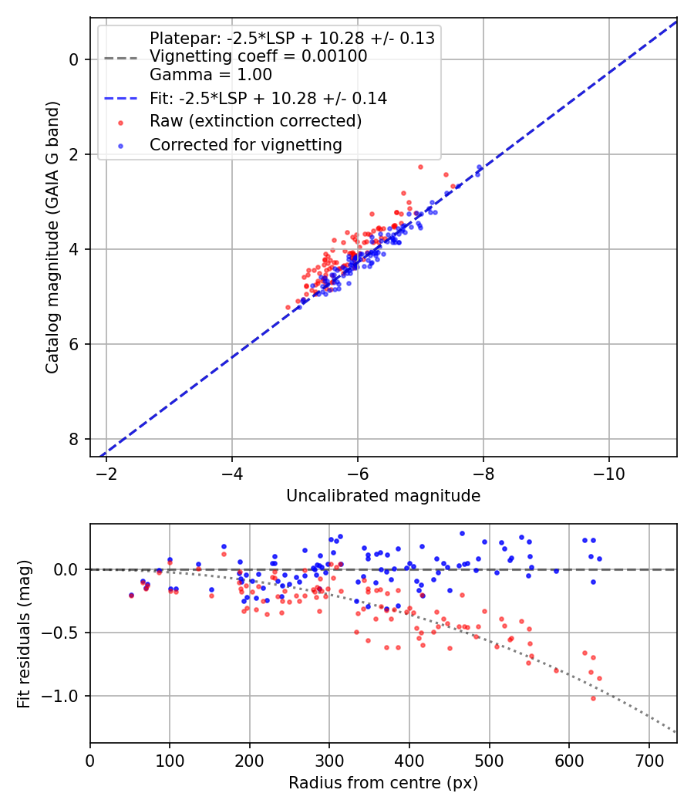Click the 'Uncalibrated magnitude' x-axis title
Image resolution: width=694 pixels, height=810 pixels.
coord(383,496)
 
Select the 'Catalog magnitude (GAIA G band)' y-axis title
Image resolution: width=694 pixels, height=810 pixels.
coord(52,238)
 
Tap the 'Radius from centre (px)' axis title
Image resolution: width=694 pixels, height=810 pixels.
coord(383,783)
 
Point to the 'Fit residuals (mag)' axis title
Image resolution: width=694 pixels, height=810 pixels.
coord(25,633)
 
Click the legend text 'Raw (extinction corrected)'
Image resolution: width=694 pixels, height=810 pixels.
coord(255,121)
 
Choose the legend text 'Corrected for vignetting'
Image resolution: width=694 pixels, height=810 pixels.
coord(246,144)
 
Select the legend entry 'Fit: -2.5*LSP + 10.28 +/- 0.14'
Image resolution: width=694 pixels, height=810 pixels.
coord(268,98)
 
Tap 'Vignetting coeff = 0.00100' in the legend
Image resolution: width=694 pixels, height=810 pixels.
coord(258,56)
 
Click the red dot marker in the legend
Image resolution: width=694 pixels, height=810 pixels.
coord(120,122)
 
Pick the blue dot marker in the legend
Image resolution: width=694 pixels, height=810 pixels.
coord(120,145)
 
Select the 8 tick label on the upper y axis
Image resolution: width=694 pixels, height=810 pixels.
coord(75,439)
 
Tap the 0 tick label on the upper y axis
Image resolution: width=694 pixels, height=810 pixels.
coord(75,59)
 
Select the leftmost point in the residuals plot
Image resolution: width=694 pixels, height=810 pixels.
coord(131,595)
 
